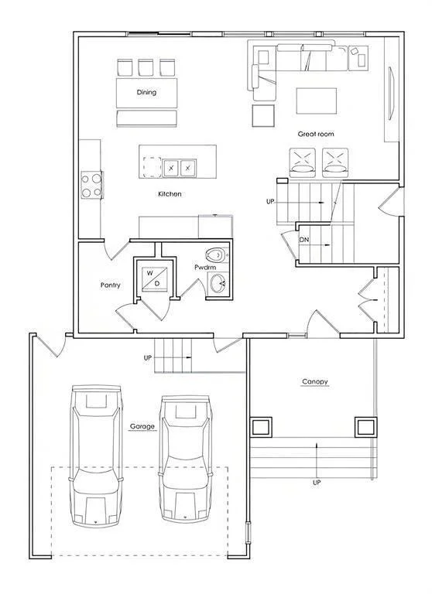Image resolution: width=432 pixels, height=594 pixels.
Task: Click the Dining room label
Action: click(146, 93)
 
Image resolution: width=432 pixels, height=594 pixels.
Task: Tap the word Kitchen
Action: click(170, 194)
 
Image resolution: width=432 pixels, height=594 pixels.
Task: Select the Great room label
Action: click(316, 134)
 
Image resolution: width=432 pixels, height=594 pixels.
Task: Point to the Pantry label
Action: click(111, 285)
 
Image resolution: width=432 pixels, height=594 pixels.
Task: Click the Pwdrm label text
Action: click(205, 267)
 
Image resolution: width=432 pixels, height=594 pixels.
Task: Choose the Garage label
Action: click(142, 426)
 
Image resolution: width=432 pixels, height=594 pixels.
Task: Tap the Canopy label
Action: click(315, 382)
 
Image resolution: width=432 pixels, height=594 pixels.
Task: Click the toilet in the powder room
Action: click(217, 255)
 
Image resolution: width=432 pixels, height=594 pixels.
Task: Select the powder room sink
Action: click(218, 283)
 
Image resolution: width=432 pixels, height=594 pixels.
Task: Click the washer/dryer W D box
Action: click(154, 278)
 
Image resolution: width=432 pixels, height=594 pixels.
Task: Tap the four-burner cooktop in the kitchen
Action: click(92, 185)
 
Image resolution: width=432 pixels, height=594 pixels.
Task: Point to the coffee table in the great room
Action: click(317, 101)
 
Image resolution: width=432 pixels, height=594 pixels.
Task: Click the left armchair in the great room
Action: click(302, 162)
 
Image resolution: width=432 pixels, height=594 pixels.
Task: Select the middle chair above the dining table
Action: click(146, 67)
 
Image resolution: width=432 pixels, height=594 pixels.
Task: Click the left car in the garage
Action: click(96, 456)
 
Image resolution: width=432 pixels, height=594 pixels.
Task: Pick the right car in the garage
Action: click(185, 459)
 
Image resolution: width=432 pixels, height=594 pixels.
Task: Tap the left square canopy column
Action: click(261, 427)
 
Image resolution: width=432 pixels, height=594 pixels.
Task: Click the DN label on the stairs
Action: click(303, 241)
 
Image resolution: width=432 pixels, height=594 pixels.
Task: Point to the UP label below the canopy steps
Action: click(317, 483)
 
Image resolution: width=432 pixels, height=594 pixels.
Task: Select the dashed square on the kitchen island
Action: click(152, 167)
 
